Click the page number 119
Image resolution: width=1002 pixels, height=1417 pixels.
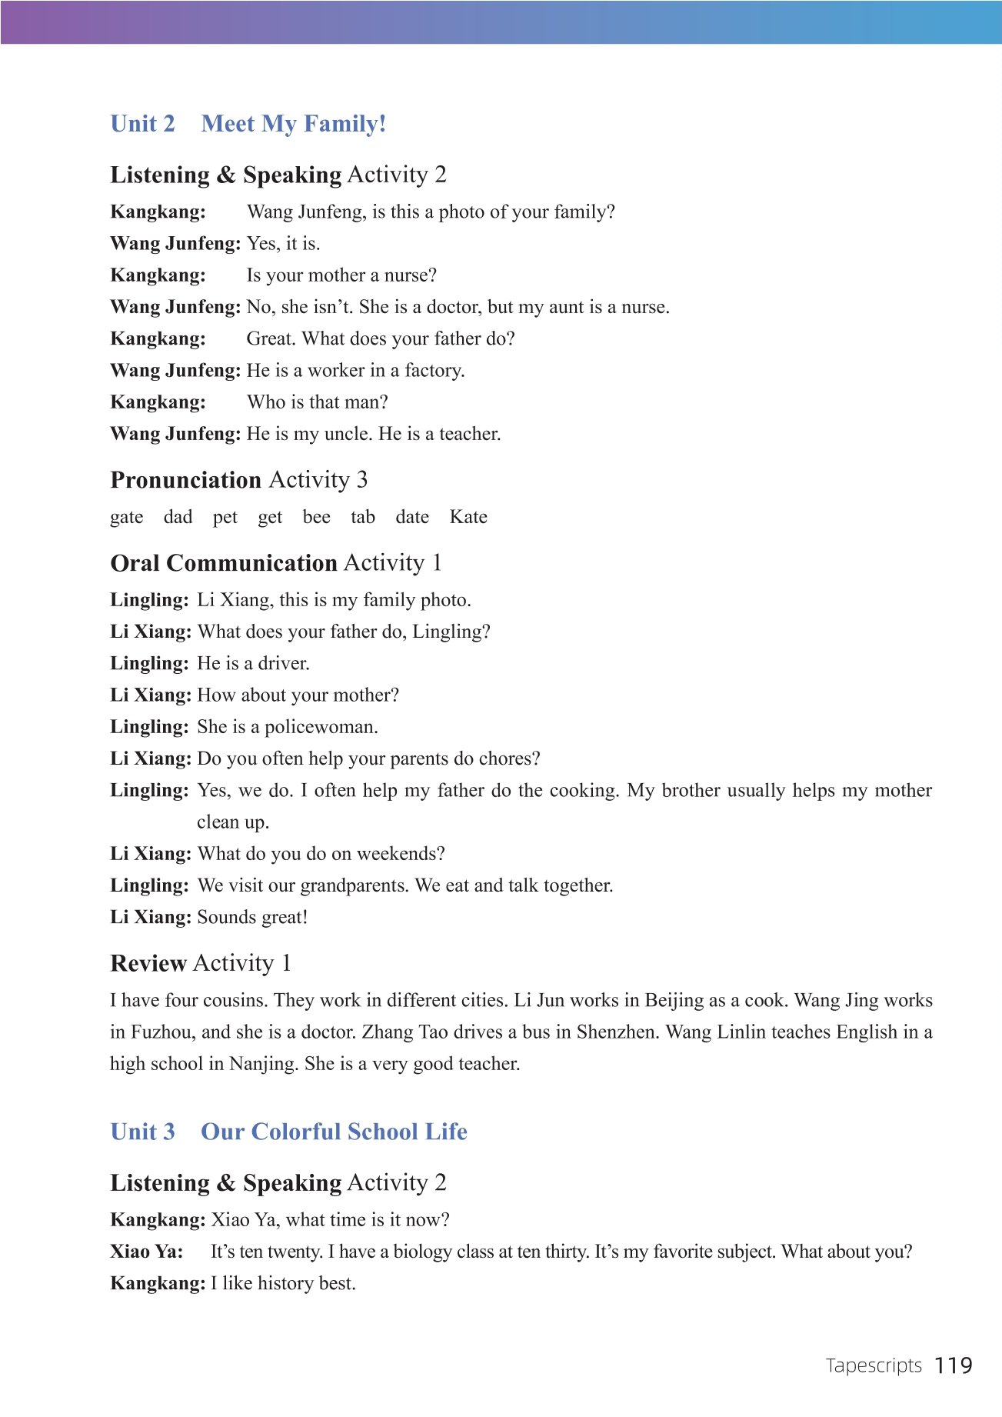tap(954, 1365)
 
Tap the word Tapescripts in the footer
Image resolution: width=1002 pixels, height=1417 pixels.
tap(874, 1366)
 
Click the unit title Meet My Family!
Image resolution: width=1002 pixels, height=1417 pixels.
tap(293, 124)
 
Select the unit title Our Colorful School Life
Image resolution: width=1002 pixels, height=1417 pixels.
tap(334, 1132)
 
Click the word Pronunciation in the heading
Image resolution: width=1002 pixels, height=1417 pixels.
tap(186, 480)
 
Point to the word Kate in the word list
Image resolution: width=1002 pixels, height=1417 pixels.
tap(468, 517)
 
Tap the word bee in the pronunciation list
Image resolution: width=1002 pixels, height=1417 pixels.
tap(316, 517)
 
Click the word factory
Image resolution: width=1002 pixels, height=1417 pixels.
tap(434, 371)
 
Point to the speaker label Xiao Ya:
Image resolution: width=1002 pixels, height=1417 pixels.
tap(147, 1252)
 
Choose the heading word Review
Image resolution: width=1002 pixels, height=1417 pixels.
tap(148, 963)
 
